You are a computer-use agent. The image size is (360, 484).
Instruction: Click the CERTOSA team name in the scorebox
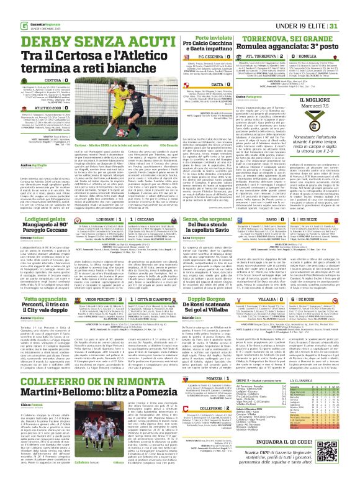click(x=52, y=80)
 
